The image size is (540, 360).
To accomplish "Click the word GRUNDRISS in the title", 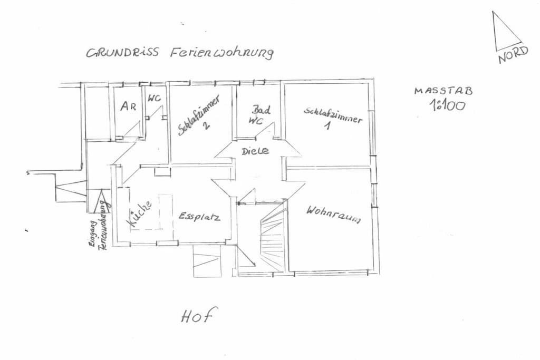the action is point(122,52).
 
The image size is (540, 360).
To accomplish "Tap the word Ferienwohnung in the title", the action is point(222,53).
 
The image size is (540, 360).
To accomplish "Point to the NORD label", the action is point(513,55).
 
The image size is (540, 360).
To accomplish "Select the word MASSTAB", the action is point(443,91).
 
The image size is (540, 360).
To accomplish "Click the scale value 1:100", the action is point(447,105).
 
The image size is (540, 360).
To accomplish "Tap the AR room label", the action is point(128,106).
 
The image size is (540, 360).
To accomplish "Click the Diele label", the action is point(255,151).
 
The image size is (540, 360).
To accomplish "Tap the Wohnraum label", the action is point(333,215).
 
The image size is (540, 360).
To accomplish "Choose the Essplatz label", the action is point(199,217).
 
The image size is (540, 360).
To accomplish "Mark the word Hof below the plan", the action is point(199,315).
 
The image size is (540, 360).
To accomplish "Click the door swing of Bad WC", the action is point(265,130).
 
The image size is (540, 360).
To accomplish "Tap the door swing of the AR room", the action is point(131,129).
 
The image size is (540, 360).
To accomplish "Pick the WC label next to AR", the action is point(155,98).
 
